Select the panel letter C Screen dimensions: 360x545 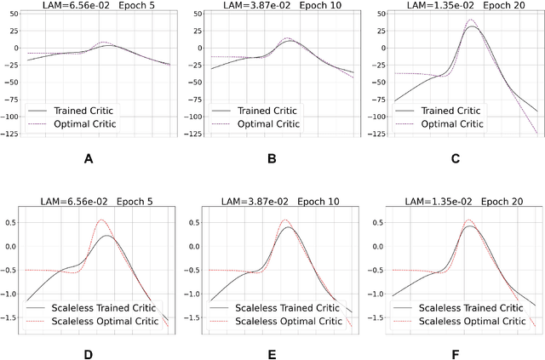click(x=455, y=157)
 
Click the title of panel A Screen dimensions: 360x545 click(x=100, y=6)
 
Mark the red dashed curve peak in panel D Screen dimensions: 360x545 click(x=102, y=220)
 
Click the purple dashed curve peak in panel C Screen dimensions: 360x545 click(x=472, y=20)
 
